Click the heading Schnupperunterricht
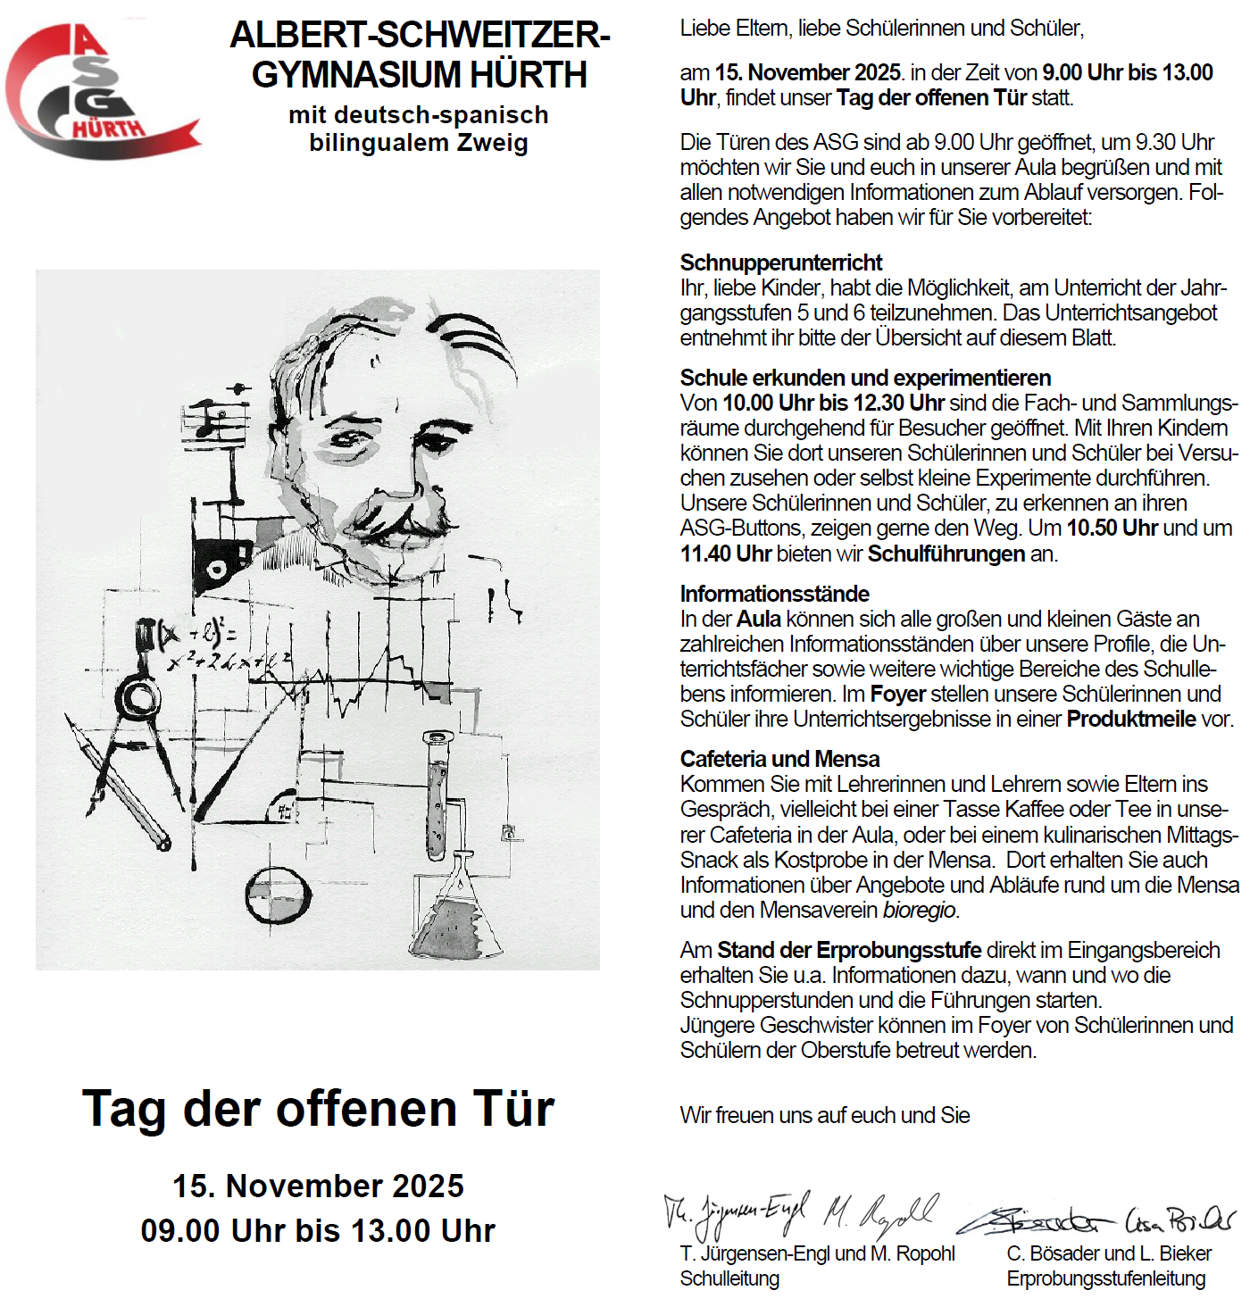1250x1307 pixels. coord(780,262)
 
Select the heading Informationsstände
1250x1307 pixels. coord(774,594)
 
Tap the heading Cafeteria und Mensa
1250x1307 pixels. coord(779,759)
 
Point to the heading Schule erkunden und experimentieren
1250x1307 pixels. coord(864,378)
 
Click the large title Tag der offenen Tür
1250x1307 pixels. coord(318,1109)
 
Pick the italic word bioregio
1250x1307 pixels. coord(919,911)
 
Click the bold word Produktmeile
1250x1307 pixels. coord(1130,720)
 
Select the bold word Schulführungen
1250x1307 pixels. coord(946,554)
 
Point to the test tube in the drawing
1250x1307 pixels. coord(437,795)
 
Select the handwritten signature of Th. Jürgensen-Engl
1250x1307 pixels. coord(737,1212)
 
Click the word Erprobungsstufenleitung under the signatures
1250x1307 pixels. coord(1105,1279)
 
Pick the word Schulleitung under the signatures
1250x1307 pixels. coord(729,1279)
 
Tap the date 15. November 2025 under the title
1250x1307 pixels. coord(318,1186)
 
